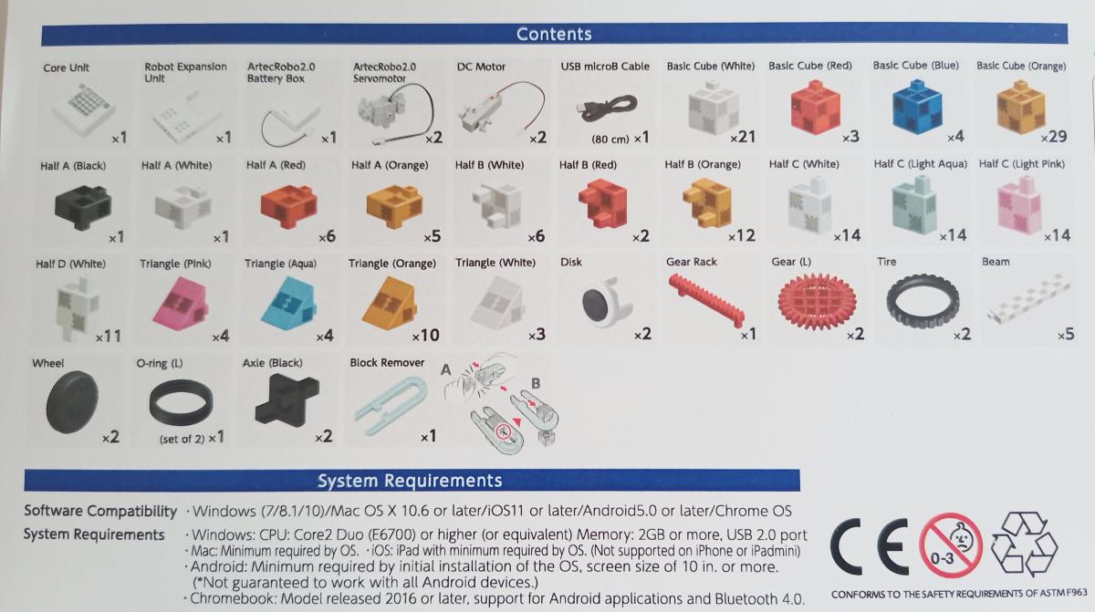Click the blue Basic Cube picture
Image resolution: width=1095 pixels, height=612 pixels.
point(917,107)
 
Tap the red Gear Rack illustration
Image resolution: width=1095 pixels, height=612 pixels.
point(707,299)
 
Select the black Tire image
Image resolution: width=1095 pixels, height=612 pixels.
point(923,301)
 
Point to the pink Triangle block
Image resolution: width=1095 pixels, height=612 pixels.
point(181,304)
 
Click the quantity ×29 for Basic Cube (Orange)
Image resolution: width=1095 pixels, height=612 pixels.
point(1053,137)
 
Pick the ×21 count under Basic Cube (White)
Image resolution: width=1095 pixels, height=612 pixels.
point(743,137)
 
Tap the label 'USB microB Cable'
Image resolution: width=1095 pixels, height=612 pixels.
point(605,67)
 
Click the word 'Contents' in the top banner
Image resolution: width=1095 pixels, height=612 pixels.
point(554,34)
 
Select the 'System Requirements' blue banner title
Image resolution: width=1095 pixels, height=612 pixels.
point(410,481)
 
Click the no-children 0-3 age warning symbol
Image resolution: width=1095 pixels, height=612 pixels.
point(951,545)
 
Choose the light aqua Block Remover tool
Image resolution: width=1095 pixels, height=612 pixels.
point(391,405)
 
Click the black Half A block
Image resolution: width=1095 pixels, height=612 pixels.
point(83,207)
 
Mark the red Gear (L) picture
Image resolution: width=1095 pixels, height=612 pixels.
point(817,301)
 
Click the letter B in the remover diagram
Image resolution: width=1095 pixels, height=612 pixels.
point(536,383)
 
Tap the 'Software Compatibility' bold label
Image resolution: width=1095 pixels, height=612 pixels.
point(100,511)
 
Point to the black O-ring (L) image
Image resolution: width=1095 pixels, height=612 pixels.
point(181,402)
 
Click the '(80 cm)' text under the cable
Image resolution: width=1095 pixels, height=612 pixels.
point(610,140)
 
